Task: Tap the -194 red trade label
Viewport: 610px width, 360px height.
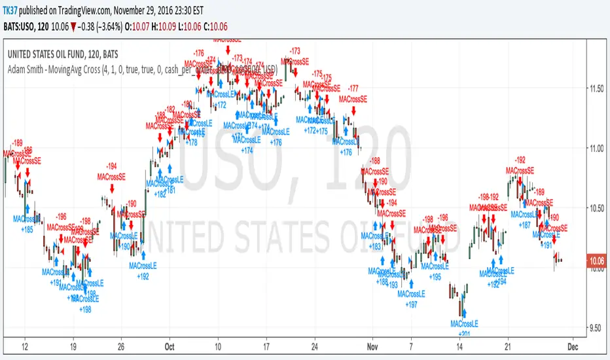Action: pyautogui.click(x=112, y=167)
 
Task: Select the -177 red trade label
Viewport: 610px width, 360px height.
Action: pyautogui.click(x=353, y=88)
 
